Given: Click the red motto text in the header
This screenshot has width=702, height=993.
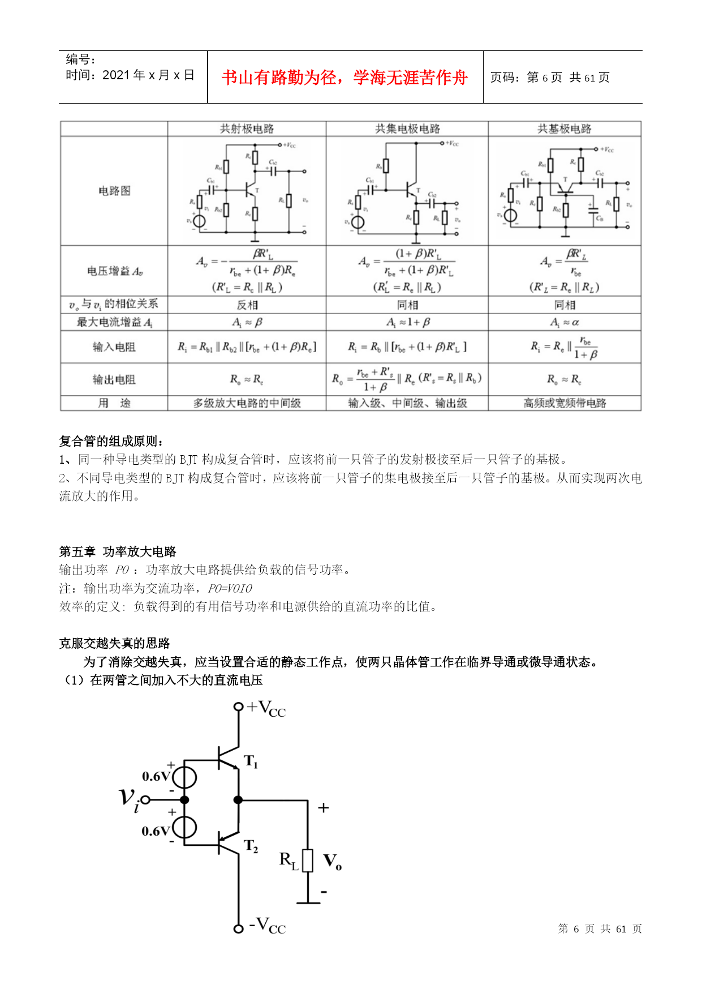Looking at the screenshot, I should [344, 78].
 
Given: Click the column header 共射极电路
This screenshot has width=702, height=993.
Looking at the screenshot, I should [247, 129].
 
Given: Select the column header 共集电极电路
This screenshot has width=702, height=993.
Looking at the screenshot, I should [407, 129].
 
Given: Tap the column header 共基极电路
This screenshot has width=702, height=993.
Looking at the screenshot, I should [564, 129].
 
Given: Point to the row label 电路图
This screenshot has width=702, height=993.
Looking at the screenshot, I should [114, 191].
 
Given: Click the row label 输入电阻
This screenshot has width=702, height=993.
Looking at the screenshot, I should [114, 347].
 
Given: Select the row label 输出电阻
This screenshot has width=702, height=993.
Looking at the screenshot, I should [114, 379].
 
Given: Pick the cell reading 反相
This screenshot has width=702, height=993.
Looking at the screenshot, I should [247, 305].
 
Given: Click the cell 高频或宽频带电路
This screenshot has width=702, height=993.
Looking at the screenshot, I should [564, 403].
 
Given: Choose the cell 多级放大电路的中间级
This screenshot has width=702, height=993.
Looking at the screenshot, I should [247, 403].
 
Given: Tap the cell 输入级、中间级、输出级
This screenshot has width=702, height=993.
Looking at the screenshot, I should [407, 403].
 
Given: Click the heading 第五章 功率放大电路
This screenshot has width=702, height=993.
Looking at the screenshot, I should [118, 551].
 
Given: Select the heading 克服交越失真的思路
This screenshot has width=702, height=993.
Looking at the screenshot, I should [115, 643].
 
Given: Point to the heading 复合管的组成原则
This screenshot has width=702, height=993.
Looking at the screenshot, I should [111, 441].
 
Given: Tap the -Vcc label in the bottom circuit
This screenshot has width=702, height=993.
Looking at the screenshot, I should [268, 926].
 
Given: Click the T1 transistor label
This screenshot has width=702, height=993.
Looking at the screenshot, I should [251, 761].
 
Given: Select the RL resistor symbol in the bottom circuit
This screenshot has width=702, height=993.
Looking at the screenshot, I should [308, 861].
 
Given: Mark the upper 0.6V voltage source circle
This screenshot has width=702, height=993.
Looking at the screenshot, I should [184, 777].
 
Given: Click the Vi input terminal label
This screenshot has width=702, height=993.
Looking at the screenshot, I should [129, 799].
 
